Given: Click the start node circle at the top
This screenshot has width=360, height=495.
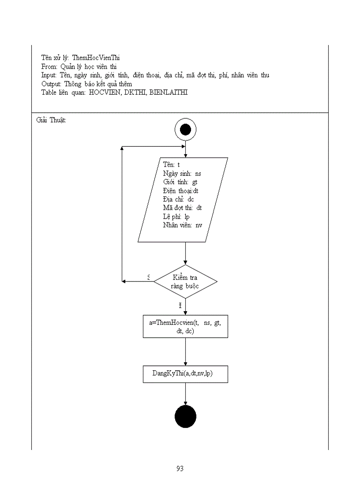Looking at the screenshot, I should tap(185, 130).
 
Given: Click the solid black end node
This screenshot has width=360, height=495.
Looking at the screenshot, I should tap(185, 417).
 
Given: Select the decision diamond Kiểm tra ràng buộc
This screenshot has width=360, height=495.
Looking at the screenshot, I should tap(185, 282).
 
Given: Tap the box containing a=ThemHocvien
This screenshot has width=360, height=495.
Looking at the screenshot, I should tap(185, 327).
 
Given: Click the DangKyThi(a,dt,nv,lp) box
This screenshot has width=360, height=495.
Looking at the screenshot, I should tap(185, 374).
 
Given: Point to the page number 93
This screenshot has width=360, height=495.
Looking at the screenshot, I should tap(180, 469).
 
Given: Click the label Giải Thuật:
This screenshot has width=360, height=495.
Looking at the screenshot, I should tap(51, 120).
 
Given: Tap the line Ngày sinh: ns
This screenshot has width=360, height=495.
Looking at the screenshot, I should tap(182, 174).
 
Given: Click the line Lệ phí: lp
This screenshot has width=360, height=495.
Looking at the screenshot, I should tap(176, 216).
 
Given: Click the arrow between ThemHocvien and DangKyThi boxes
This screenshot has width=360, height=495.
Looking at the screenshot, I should tap(185, 352).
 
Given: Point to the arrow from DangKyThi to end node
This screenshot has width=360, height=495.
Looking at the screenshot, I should tap(185, 394).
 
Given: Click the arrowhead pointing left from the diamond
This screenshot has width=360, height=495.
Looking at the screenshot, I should tap(125, 281).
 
